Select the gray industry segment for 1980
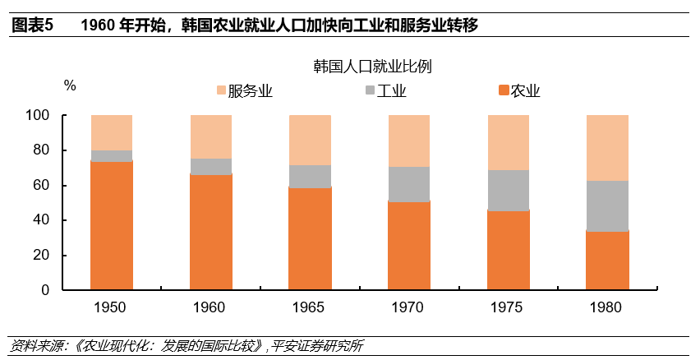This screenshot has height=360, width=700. point(607,205)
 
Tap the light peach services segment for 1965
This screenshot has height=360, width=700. point(310,140)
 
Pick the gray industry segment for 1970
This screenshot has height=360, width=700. point(408,184)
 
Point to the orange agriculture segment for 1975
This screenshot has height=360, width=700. point(509,250)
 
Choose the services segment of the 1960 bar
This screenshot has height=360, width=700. point(210,136)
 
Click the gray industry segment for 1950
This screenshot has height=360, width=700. point(111,155)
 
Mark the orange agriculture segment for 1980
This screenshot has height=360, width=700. point(607,261)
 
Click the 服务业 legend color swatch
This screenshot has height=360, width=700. point(220,90)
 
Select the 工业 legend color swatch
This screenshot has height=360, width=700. point(368,90)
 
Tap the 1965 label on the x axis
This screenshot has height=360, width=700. point(310,308)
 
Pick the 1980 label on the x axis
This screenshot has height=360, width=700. point(607,308)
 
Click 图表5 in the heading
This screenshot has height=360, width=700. point(30,25)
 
